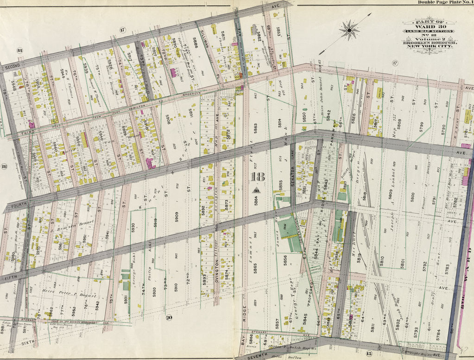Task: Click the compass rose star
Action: point(349,30)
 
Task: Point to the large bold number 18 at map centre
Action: point(257,177)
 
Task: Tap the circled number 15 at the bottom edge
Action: point(369,354)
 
